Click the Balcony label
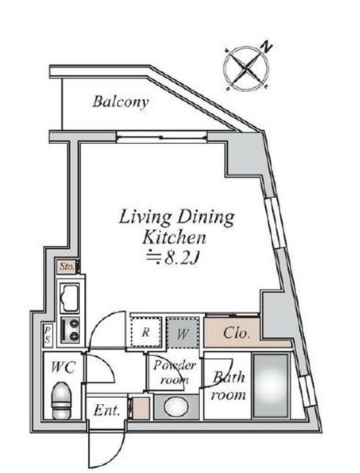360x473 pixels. click(120, 101)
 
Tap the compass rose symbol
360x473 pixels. click(246, 68)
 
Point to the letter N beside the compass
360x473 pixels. click(266, 47)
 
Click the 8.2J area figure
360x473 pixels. click(173, 258)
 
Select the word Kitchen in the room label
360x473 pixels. click(174, 237)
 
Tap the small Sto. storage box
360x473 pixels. click(66, 266)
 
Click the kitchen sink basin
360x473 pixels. click(70, 298)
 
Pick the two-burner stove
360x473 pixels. click(70, 330)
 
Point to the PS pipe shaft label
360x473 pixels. click(47, 335)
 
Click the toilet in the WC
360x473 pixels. click(61, 400)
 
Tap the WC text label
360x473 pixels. click(62, 367)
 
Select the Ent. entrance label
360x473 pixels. click(107, 410)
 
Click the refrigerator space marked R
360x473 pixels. click(146, 332)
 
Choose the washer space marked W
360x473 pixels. click(183, 332)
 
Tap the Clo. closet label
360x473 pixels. click(236, 333)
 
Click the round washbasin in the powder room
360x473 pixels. click(176, 406)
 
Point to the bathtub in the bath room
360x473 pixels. click(271, 386)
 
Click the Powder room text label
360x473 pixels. click(174, 372)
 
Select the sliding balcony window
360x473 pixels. click(162, 137)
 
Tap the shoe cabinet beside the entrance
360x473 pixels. click(141, 408)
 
